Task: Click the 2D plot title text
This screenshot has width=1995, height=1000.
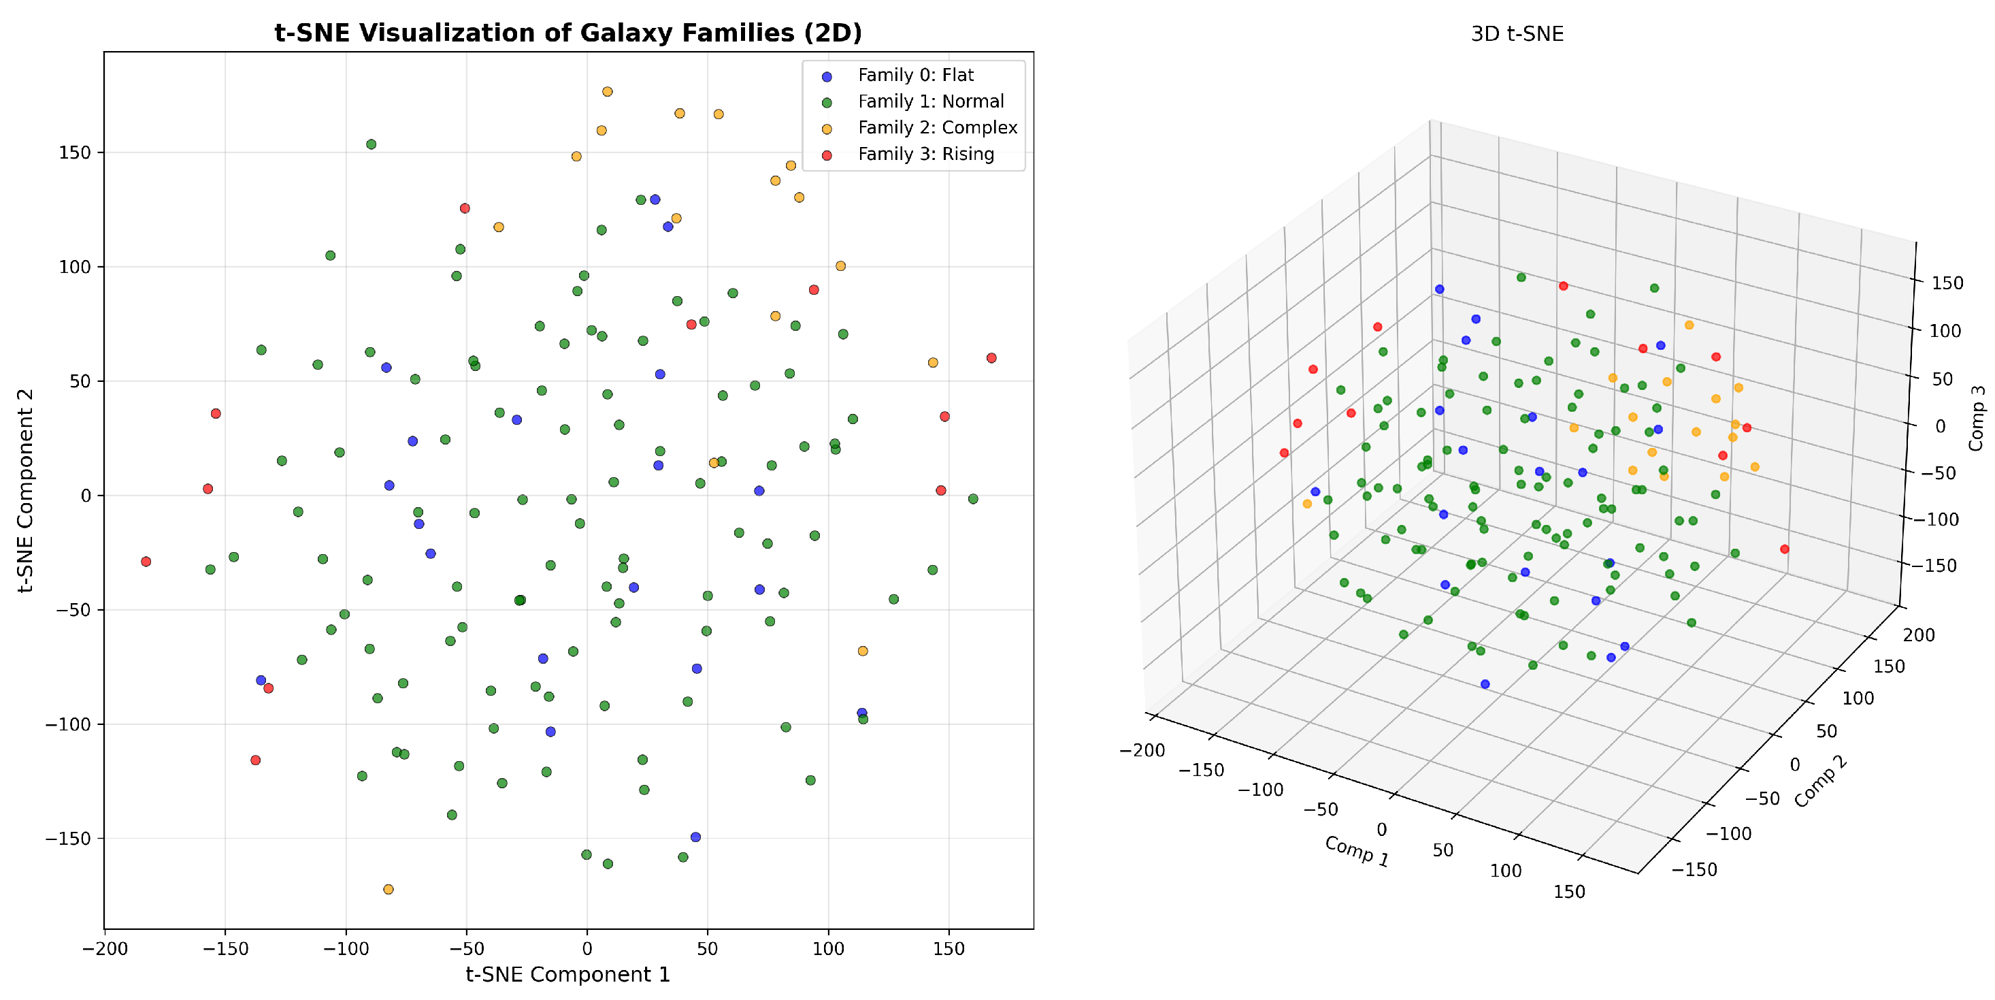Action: tap(567, 33)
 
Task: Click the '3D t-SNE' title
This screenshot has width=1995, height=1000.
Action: tap(1517, 34)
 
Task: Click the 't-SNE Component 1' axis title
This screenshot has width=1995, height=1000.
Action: tap(567, 974)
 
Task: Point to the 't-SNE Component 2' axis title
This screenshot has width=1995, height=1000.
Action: tap(26, 490)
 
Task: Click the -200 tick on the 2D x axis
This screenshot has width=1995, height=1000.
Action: tap(105, 949)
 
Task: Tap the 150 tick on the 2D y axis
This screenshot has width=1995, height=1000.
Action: tap(74, 152)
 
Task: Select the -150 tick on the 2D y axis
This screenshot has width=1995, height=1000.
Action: tap(68, 839)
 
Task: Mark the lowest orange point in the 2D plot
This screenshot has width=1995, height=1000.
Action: tap(388, 889)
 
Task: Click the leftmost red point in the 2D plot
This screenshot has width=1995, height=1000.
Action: tap(146, 562)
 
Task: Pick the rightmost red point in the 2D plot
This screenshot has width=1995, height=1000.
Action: tap(991, 358)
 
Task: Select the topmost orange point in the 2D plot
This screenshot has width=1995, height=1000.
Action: tap(607, 91)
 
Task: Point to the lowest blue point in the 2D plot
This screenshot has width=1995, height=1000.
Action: tap(695, 837)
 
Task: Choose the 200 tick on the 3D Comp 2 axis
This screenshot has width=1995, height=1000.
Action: tap(1919, 635)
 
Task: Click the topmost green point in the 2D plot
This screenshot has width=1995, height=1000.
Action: tap(371, 144)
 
